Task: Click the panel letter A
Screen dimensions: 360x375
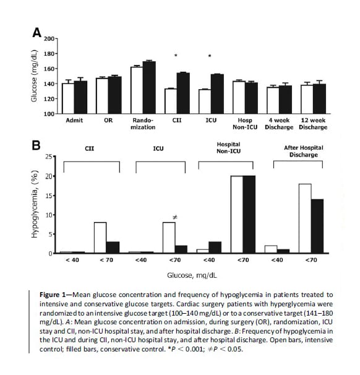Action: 37,33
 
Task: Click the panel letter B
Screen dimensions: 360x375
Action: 36,145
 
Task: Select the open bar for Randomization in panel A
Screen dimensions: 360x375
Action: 137,90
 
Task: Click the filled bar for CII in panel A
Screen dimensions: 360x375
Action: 183,93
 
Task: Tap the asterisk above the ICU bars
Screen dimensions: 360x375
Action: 210,56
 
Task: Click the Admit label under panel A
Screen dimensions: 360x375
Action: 74,120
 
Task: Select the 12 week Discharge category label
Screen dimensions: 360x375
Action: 313,124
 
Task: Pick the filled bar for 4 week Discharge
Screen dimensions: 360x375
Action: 285,100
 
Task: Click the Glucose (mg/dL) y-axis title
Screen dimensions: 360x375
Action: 34,76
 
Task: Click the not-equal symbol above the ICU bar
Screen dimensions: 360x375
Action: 175,217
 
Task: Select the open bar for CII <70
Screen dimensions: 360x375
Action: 100,238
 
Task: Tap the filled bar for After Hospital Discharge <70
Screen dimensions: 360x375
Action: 317,226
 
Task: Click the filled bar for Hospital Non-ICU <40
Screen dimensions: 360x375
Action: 215,248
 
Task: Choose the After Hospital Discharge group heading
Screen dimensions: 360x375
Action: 304,151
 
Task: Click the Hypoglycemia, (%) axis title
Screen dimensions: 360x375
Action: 35,204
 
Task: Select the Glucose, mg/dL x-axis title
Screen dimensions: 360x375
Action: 192,275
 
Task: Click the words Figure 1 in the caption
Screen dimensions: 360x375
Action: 53,295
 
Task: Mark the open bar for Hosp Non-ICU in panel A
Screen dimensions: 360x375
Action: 239,97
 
